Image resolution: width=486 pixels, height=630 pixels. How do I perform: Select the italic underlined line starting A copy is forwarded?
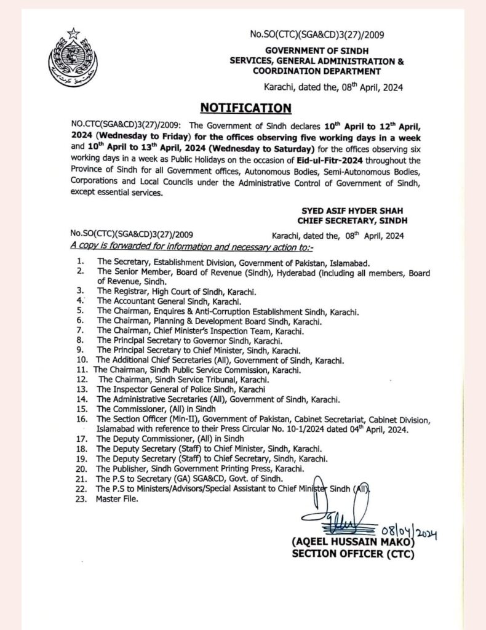tap(192, 246)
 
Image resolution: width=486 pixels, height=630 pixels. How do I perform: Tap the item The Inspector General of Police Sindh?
tap(181, 390)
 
